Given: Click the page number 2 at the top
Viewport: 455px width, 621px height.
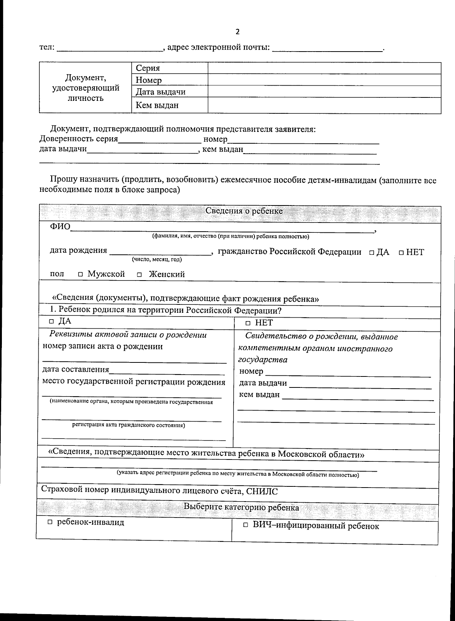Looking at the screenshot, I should [x=237, y=32].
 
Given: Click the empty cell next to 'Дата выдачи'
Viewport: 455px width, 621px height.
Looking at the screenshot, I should [x=324, y=92].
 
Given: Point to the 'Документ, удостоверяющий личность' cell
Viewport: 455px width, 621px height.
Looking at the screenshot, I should [x=85, y=88].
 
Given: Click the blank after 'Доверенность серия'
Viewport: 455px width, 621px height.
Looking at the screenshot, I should [x=160, y=140].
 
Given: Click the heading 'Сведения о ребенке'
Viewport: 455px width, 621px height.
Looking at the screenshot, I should [x=244, y=211].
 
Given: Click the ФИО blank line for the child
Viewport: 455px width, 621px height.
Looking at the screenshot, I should [x=222, y=228].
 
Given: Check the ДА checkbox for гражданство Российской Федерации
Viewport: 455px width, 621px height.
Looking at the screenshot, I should [x=372, y=253].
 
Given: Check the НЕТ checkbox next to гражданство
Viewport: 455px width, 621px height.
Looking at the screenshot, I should [x=401, y=253].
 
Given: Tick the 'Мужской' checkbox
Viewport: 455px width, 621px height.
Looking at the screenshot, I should [x=80, y=274].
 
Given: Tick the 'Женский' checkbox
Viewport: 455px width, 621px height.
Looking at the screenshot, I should [x=140, y=274].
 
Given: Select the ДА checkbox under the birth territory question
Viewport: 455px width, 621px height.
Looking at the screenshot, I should [x=52, y=322].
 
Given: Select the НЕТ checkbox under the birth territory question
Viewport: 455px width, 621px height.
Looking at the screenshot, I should [x=248, y=323].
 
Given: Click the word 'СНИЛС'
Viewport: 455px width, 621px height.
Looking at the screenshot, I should [x=262, y=492].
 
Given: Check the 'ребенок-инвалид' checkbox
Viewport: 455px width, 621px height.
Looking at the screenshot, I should [x=50, y=522].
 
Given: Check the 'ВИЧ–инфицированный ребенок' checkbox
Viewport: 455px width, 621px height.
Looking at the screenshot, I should [x=245, y=525].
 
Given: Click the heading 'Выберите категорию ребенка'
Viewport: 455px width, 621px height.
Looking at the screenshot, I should [x=241, y=507].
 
